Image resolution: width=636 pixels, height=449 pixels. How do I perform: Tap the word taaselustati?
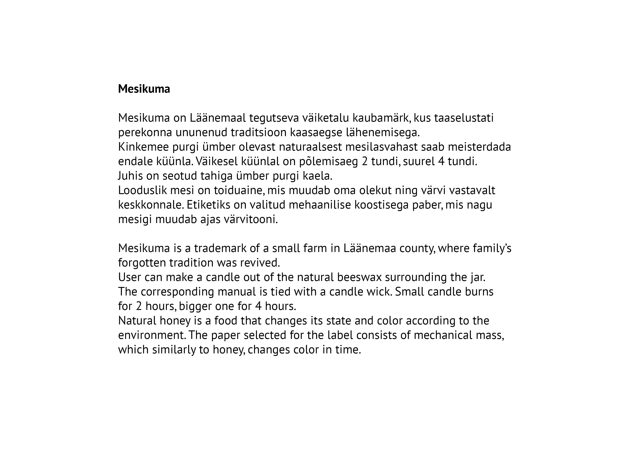464,118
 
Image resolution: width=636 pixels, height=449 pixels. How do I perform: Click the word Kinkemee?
143,147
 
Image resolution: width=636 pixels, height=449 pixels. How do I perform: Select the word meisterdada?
479,147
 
